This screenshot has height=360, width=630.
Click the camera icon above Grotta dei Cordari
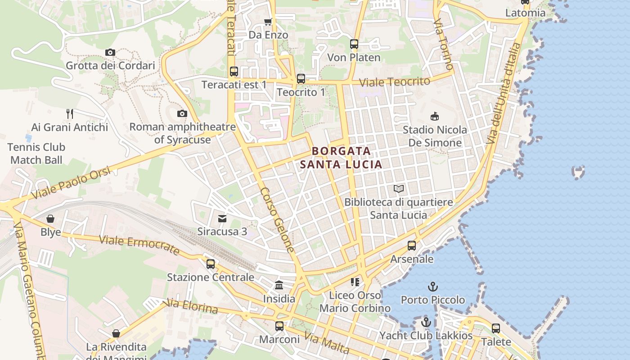tap(110, 53)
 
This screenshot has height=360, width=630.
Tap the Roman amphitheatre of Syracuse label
tap(182, 133)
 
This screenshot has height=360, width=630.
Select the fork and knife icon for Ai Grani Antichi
tap(69, 113)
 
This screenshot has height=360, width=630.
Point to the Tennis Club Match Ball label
tap(37, 153)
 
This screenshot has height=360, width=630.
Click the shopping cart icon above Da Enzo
tap(268, 22)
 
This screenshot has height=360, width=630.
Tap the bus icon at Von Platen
tap(354, 44)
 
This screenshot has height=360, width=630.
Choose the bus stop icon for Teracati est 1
tap(234, 71)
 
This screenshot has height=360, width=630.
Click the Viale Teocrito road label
tap(395, 82)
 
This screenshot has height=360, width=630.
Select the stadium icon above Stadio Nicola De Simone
tap(435, 117)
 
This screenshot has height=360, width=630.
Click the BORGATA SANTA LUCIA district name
tap(341, 157)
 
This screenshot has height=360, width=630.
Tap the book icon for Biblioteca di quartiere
tap(399, 189)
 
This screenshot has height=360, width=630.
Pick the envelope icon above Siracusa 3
tap(222, 219)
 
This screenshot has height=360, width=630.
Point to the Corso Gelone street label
tap(277, 220)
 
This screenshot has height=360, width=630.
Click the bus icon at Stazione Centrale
tap(211, 264)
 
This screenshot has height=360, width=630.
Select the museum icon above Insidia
tap(279, 285)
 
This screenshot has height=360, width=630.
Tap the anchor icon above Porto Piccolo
tap(432, 287)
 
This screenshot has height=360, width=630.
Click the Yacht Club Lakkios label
tap(426, 336)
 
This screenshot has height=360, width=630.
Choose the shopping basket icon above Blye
tap(50, 219)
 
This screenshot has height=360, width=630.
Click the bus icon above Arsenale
tap(412, 246)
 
